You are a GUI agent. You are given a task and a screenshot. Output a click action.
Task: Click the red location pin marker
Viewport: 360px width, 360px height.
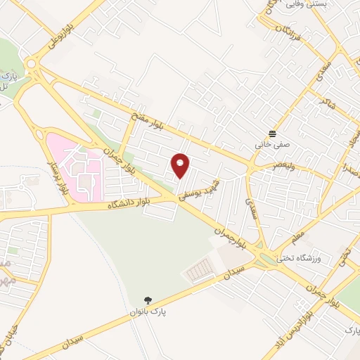[181, 166]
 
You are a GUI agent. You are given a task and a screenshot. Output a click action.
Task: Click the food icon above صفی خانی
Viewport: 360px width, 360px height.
[273, 133]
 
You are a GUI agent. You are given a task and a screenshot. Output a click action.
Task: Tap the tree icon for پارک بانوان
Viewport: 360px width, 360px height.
[148, 300]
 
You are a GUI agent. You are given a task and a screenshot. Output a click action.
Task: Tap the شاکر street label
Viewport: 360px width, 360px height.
[326, 103]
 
